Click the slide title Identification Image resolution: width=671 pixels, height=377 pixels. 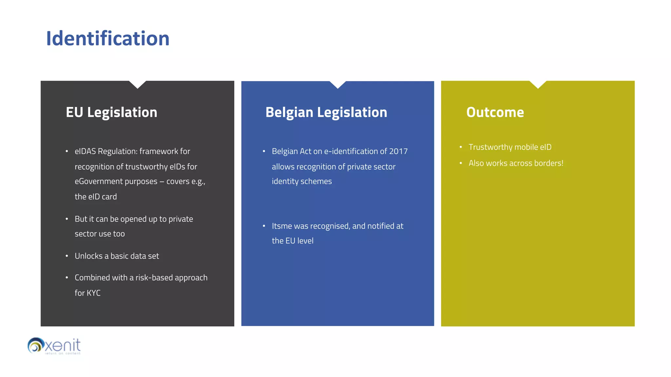click(x=108, y=39)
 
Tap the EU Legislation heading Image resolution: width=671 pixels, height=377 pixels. click(x=111, y=112)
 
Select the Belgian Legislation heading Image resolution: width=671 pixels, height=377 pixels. click(x=326, y=112)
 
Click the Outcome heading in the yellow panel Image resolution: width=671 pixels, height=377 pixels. click(x=495, y=112)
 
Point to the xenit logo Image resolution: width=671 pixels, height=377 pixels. click(x=54, y=346)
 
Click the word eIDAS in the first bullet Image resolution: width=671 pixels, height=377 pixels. click(x=85, y=151)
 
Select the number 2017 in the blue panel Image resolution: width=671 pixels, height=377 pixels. click(x=398, y=151)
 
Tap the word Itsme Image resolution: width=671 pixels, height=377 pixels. click(x=282, y=226)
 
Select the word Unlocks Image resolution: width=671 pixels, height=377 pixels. click(x=88, y=256)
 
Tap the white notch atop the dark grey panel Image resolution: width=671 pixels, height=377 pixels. click(x=138, y=84)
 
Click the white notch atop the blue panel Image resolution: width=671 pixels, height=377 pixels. click(x=338, y=84)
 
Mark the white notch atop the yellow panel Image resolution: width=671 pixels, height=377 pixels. click(x=538, y=84)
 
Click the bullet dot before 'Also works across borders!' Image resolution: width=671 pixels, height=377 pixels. click(x=461, y=163)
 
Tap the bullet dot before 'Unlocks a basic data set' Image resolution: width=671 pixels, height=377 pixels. click(x=67, y=256)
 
